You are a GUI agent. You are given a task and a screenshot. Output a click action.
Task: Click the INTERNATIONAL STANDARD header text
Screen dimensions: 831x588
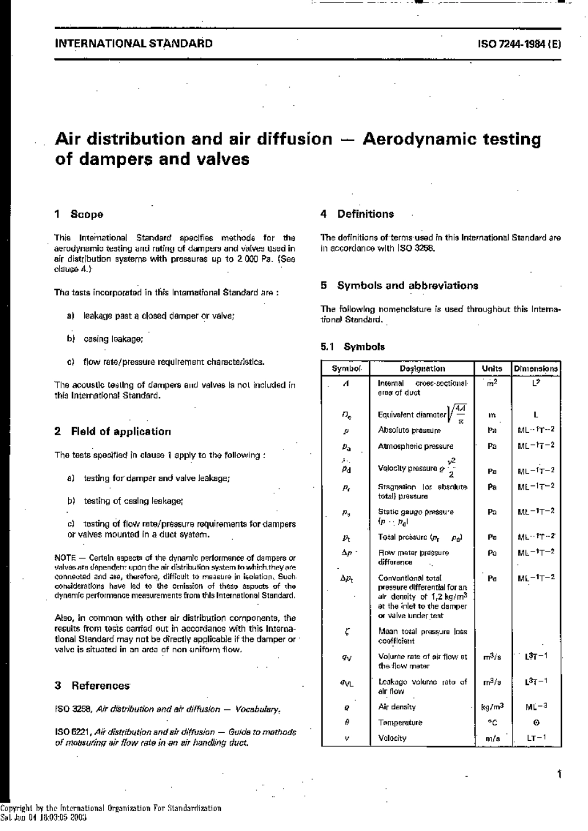(134, 43)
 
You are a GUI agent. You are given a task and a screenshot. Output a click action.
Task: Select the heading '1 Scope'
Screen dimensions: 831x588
(79, 215)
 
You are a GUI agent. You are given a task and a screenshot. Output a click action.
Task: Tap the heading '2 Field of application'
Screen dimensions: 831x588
(113, 432)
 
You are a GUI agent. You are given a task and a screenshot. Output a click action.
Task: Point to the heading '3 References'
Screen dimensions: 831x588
(92, 686)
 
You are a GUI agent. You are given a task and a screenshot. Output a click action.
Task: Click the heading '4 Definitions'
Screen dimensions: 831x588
(357, 214)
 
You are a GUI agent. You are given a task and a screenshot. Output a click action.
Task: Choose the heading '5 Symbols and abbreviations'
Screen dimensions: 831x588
(399, 286)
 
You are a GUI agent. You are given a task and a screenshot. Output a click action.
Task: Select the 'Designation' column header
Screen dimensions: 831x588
(422, 369)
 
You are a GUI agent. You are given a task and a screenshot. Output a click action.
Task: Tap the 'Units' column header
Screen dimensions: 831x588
(492, 369)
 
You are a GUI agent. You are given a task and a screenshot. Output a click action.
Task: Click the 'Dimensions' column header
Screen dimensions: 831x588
(535, 369)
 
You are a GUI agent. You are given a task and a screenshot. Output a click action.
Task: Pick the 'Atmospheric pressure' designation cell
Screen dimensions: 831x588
(415, 446)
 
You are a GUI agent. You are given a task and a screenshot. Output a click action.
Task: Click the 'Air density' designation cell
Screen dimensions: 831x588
(397, 707)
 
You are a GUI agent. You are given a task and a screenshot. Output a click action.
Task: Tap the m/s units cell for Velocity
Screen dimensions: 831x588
(492, 738)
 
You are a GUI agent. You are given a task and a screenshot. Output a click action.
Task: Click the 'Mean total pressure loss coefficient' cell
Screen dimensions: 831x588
(422, 636)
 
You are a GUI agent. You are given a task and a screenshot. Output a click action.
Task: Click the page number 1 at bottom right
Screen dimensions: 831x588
(558, 773)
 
